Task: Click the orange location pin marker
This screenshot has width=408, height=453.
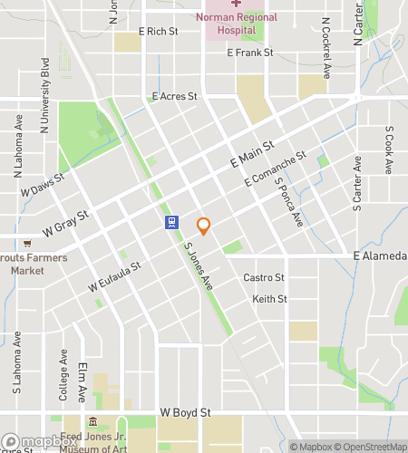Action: [203, 226]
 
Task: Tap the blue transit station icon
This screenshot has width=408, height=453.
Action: [170, 223]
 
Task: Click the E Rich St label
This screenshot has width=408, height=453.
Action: [159, 31]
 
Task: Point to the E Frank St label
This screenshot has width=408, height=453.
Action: [250, 53]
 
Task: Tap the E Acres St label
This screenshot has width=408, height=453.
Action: [175, 96]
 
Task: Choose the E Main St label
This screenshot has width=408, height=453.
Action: [252, 153]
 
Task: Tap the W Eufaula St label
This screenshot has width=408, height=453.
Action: [115, 276]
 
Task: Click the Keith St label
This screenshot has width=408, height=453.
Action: [269, 299]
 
